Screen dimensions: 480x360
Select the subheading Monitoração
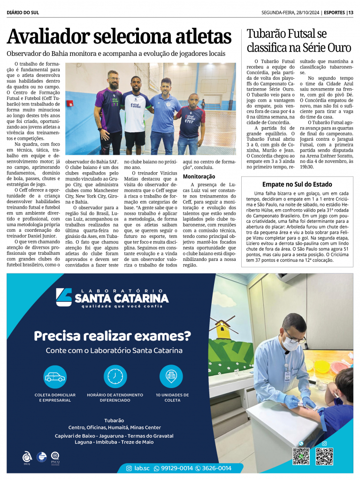coord(199,176)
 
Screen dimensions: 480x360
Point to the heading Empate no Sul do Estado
coord(297,184)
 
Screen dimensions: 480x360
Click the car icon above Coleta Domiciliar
coord(55,376)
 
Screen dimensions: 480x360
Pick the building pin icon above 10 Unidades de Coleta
coord(171,376)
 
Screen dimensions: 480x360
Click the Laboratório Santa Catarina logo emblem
coord(64,297)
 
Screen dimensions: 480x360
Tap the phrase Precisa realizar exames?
coord(112,335)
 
